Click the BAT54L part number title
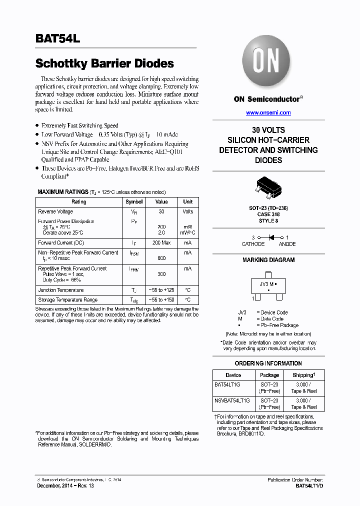tap(54, 38)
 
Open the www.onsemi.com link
tap(268, 112)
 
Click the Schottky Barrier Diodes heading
tap(104, 63)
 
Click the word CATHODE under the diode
tap(253, 244)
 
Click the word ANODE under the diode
tap(287, 244)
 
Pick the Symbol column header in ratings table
tap(134, 201)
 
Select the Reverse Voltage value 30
tap(161, 211)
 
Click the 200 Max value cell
tap(161, 242)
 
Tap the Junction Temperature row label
tap(61, 290)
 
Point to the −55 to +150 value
tap(161, 299)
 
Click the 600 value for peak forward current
tap(161, 258)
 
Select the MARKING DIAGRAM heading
tap(268, 260)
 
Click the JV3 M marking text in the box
tap(267, 283)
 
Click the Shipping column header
tap(304, 375)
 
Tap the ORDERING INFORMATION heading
tap(268, 363)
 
